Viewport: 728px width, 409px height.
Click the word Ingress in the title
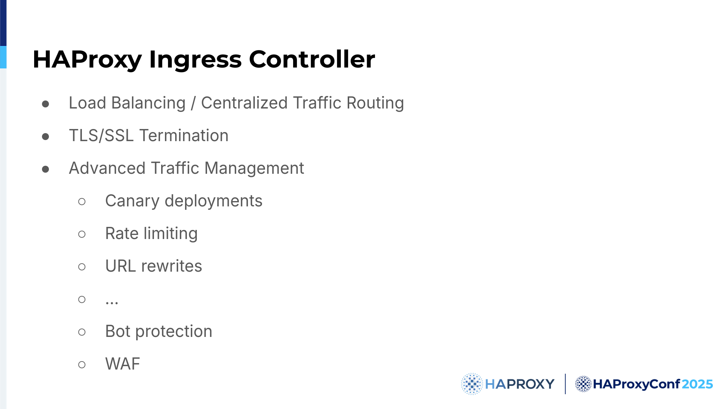(x=195, y=60)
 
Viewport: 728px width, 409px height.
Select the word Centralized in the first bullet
(x=244, y=103)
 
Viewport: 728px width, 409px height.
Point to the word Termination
(x=184, y=135)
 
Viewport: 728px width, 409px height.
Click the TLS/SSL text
(x=101, y=135)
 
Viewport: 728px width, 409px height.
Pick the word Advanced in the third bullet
(x=107, y=168)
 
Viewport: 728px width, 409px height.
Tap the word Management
(x=254, y=168)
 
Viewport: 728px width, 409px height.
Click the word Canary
(x=132, y=201)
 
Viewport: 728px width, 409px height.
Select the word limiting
(x=171, y=234)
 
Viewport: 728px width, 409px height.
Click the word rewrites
(x=172, y=266)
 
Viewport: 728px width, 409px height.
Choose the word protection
(x=174, y=332)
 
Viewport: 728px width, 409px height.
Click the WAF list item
(x=123, y=364)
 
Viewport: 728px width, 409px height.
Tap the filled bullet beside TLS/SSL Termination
(x=45, y=136)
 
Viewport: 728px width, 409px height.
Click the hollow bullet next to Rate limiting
(x=82, y=234)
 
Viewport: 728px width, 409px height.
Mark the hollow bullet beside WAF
(x=82, y=365)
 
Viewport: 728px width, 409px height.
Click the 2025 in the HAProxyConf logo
(x=697, y=384)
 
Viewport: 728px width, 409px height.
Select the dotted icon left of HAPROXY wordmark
(x=472, y=384)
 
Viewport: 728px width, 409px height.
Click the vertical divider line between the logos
(x=565, y=384)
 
